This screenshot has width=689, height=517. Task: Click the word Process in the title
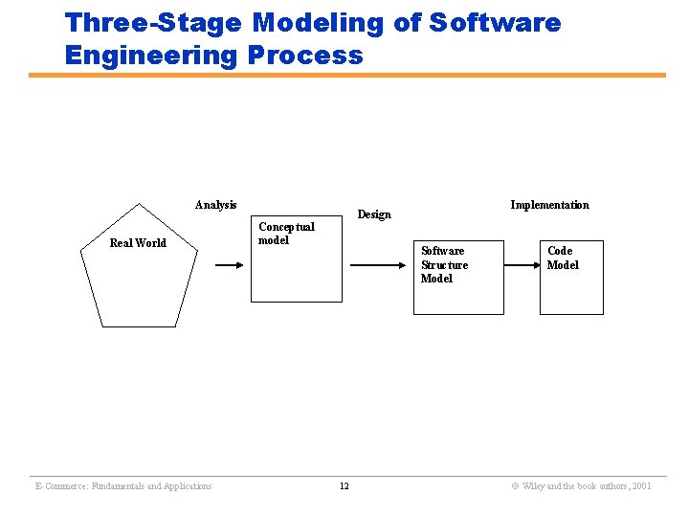(x=305, y=56)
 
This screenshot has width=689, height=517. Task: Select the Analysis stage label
(x=215, y=205)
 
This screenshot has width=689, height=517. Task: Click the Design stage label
(x=373, y=214)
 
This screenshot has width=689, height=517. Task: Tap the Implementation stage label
(x=549, y=205)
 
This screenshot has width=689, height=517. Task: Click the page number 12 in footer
(x=344, y=486)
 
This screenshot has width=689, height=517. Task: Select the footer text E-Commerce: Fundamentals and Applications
(x=122, y=486)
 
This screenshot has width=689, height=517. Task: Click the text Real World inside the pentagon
(x=138, y=243)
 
